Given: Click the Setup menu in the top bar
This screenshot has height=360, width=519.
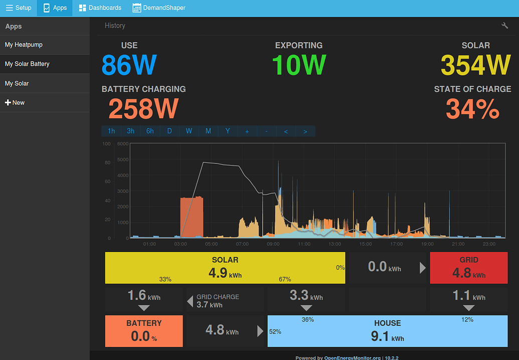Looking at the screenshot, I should tap(19, 8).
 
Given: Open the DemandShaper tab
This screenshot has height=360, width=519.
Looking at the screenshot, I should tap(159, 8).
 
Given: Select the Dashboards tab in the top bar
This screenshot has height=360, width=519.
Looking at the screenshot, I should tap(100, 8).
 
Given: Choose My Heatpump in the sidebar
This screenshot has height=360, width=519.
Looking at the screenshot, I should tap(24, 45).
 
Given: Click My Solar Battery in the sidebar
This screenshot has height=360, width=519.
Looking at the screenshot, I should tap(27, 64).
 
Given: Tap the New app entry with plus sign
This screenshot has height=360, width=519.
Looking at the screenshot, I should tap(15, 102).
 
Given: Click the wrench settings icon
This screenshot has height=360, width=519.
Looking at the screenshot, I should tap(504, 26).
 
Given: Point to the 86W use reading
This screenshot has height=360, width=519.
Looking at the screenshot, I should tap(129, 65).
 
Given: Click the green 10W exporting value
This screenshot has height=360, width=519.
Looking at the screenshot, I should tap(299, 65).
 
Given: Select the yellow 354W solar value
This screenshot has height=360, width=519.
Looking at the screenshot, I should tap(475, 65).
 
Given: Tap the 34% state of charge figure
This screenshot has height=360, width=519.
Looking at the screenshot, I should tap(472, 109).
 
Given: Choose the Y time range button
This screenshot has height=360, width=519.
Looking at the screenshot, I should tap(228, 131).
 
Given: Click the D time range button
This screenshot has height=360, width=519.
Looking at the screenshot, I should tap(169, 131).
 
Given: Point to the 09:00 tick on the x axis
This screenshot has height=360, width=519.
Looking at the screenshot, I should tap(273, 244).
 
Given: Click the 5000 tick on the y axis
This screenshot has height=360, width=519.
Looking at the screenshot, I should tap(123, 159).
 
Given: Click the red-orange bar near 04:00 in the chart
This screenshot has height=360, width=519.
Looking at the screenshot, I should tap(192, 217).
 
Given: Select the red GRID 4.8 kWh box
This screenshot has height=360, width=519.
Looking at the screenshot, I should tap(469, 267).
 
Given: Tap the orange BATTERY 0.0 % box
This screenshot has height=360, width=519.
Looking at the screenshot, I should tap(144, 330).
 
